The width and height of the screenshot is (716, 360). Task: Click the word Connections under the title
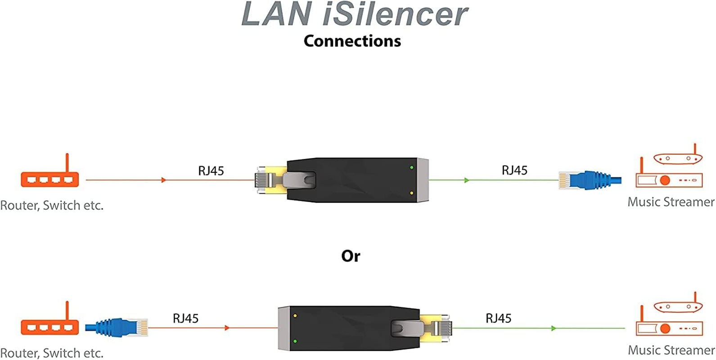click(352, 41)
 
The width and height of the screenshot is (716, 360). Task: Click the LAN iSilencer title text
click(354, 14)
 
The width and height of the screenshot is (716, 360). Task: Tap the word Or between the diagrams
click(351, 256)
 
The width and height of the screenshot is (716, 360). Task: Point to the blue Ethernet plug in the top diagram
click(590, 180)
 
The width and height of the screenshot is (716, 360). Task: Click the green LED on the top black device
click(412, 167)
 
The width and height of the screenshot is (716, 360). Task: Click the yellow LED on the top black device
click(412, 193)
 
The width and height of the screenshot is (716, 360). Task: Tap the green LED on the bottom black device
click(295, 341)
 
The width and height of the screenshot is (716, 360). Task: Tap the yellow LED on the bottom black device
click(295, 316)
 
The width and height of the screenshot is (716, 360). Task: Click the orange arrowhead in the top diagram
click(164, 180)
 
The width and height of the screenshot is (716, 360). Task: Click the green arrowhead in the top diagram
click(467, 180)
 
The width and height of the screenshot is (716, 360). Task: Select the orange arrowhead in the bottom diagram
click(227, 328)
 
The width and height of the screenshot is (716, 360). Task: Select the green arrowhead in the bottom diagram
click(554, 328)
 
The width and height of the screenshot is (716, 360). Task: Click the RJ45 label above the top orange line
click(211, 171)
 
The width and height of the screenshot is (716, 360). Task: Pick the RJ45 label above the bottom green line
click(498, 319)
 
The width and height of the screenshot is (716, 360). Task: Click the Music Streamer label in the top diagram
click(671, 202)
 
